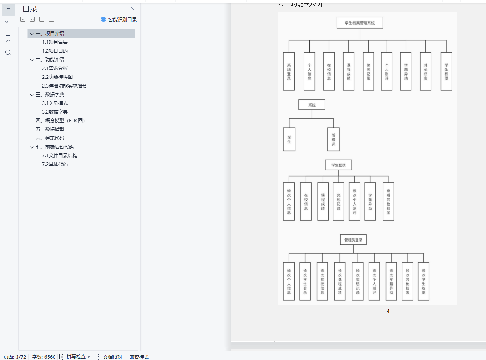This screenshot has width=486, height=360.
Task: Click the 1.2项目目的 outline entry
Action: (55, 51)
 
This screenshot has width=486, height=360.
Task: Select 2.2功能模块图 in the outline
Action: (57, 77)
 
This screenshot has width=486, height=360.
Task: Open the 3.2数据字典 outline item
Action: (55, 112)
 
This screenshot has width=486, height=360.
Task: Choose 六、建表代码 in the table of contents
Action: (50, 138)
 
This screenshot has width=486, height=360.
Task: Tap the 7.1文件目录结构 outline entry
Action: (59, 155)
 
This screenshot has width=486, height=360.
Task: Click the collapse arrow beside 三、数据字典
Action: (32, 95)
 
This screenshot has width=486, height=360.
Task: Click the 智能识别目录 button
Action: (119, 19)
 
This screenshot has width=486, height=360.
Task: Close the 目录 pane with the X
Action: (132, 9)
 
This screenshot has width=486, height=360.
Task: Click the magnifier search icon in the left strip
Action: (8, 53)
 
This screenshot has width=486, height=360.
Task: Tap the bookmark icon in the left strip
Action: (8, 38)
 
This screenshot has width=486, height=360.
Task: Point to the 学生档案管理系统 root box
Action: (360, 23)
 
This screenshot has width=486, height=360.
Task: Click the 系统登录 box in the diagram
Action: (289, 71)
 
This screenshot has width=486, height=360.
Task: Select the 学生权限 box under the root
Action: (446, 71)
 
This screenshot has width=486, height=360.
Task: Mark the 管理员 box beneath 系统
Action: (333, 139)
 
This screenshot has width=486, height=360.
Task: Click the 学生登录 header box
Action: (338, 165)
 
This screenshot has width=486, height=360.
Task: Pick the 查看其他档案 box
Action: (388, 201)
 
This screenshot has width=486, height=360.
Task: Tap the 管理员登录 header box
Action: (353, 240)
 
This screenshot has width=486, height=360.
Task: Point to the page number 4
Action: (388, 311)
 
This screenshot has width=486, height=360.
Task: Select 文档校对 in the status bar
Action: (109, 357)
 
